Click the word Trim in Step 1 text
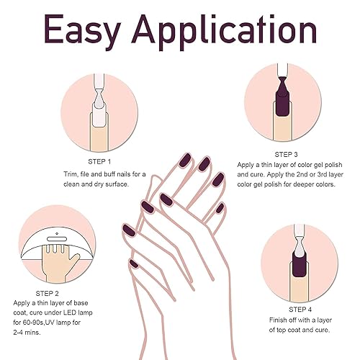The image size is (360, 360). pos(62,174)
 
